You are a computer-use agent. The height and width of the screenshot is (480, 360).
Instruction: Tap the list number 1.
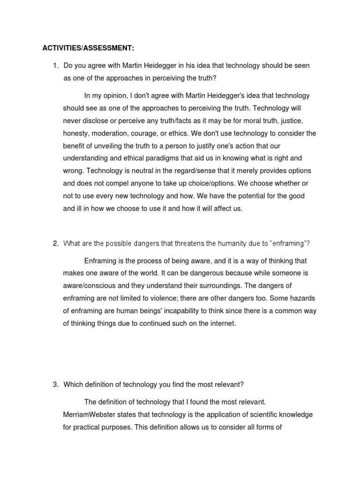point(55,66)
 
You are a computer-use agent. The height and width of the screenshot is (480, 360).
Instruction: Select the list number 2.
point(55,243)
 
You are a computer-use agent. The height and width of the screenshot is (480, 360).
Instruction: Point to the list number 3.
point(55,384)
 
